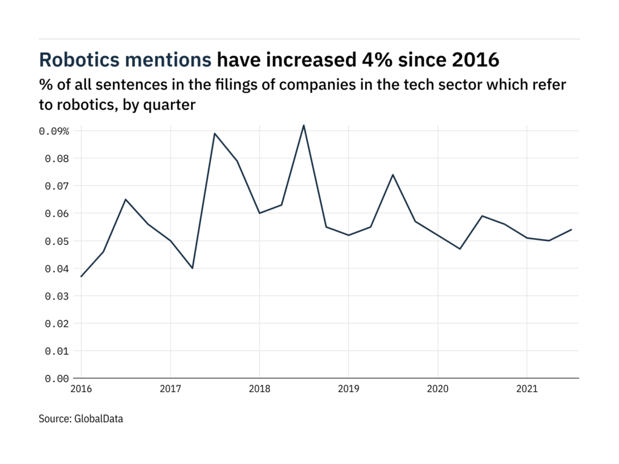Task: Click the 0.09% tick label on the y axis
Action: click(54, 131)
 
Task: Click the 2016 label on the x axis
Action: click(81, 390)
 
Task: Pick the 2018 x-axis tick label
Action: click(259, 390)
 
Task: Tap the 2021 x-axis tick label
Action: click(527, 390)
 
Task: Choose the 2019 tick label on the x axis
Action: click(349, 390)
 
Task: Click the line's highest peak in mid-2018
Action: click(303, 125)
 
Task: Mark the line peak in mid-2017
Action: click(215, 134)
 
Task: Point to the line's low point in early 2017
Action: click(192, 268)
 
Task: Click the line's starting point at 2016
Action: click(81, 277)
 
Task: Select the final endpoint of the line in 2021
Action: click(572, 230)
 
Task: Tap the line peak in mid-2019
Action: click(393, 175)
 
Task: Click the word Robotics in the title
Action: click(74, 60)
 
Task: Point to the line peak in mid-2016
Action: click(125, 199)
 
